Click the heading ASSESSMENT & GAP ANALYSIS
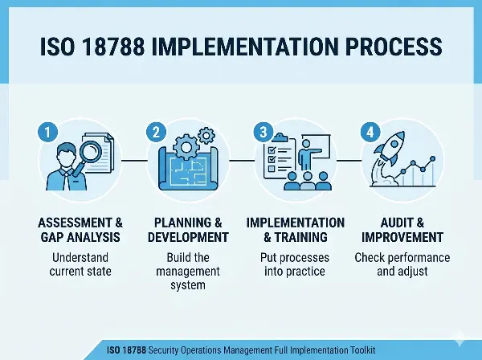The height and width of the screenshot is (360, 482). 81,230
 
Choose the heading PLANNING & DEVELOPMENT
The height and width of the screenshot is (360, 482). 188,230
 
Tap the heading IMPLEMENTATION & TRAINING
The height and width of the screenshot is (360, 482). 295,230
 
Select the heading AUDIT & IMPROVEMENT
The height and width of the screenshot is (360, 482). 402,230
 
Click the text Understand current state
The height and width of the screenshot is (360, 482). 81,266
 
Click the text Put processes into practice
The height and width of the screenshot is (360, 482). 295,266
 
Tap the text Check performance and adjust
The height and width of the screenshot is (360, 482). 402,266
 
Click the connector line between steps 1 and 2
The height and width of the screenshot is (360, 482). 135,161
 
